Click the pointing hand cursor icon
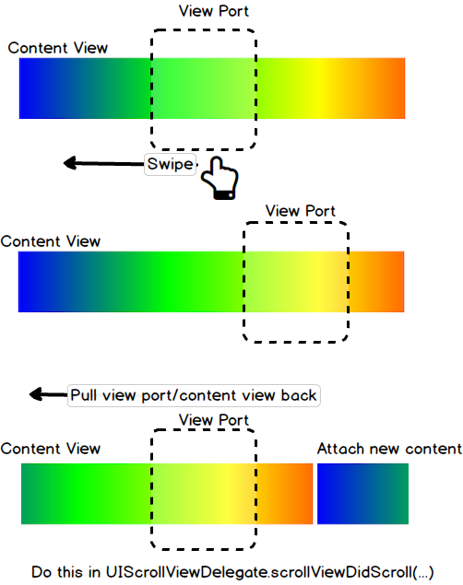[220, 179]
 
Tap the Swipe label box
[171, 165]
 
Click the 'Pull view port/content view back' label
[194, 395]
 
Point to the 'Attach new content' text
[388, 449]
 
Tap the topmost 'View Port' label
[213, 11]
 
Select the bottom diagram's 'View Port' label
[214, 419]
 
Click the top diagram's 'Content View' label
[58, 48]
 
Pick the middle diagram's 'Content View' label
[51, 241]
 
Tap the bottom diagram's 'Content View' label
[51, 449]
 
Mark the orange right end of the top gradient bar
[392, 88]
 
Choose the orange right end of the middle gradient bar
[392, 282]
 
